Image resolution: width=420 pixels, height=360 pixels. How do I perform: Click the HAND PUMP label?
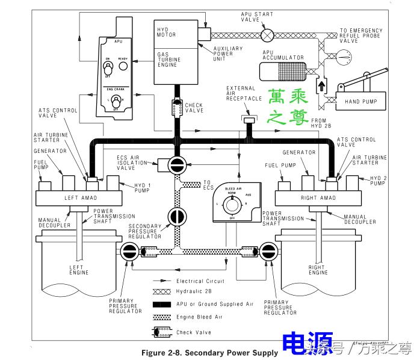[x=360, y=102]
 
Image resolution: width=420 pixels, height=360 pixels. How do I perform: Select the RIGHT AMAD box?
[x=318, y=197]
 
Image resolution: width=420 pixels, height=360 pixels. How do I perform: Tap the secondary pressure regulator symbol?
[x=176, y=216]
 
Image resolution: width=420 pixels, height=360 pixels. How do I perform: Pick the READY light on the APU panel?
[x=123, y=66]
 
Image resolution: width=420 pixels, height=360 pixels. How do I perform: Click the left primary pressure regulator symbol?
[x=129, y=252]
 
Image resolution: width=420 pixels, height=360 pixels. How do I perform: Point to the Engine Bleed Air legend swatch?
[x=159, y=317]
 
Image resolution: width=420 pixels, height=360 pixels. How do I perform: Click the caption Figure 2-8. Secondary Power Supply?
[x=209, y=352]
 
